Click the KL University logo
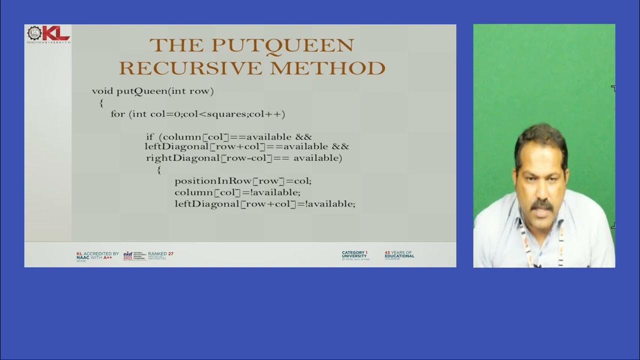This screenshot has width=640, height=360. [48, 34]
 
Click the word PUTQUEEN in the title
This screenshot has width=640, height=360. [283, 45]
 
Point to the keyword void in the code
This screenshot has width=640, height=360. [102, 91]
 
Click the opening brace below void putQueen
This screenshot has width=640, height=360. [101, 103]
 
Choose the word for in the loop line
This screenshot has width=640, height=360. [118, 114]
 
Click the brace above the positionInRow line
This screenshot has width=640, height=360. [159, 170]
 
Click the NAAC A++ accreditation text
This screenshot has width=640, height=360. [97, 256]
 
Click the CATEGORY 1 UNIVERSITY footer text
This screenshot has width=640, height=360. [355, 255]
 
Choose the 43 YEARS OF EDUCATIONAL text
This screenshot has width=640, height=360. [399, 255]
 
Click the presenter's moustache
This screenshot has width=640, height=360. [542, 204]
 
